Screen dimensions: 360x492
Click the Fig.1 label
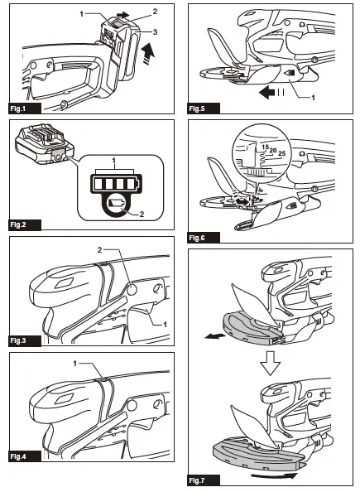(x=25, y=109)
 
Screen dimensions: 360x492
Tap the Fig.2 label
(x=25, y=225)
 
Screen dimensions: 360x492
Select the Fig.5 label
(x=204, y=109)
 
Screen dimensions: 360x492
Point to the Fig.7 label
(x=204, y=480)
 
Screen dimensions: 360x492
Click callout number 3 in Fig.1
(x=155, y=32)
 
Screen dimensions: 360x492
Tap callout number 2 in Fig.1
(x=155, y=12)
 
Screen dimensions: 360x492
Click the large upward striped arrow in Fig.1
(x=149, y=53)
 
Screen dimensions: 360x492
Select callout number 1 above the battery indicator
(x=114, y=161)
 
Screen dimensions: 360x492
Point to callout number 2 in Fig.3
(x=99, y=250)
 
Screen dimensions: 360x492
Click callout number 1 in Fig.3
(x=165, y=325)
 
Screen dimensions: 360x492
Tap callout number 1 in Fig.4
(x=75, y=364)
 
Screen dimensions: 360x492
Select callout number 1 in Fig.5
(x=313, y=98)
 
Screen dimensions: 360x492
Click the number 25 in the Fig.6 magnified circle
(x=281, y=154)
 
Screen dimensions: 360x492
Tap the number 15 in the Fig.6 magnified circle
(x=266, y=147)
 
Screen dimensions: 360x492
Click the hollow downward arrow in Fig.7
(x=270, y=363)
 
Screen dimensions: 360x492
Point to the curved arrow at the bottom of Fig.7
(x=273, y=476)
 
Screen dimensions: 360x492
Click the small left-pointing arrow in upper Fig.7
(x=214, y=336)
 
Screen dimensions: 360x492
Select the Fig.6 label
(x=204, y=238)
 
